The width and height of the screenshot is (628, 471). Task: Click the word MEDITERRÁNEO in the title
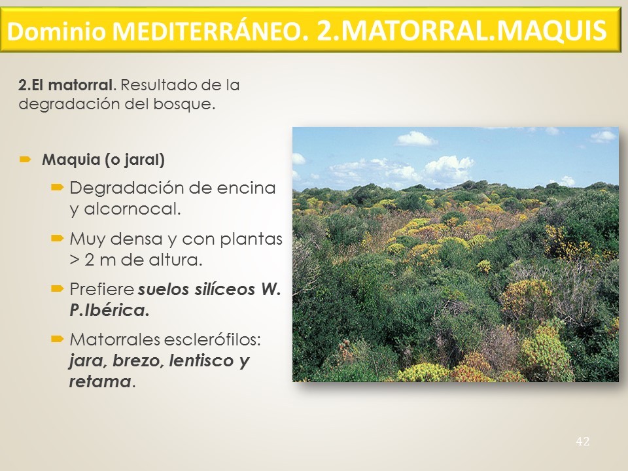coord(210,31)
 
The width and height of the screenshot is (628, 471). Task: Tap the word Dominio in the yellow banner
coord(56,31)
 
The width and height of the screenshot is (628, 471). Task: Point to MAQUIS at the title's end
coord(553,31)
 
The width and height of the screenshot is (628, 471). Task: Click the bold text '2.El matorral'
coord(65,85)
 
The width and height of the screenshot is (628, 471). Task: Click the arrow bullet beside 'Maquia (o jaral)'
coord(26,160)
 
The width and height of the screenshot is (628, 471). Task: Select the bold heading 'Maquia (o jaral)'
coord(103,160)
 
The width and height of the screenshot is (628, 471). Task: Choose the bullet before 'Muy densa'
coord(58,239)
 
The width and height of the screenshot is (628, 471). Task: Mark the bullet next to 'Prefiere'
coord(58,288)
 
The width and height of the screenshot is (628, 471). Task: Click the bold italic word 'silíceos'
coord(224,289)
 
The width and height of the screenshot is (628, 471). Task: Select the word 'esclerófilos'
coord(212,340)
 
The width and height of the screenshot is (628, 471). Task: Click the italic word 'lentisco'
coord(201,360)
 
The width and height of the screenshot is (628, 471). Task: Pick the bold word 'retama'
coord(100,381)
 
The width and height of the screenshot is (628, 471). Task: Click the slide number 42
coord(583,442)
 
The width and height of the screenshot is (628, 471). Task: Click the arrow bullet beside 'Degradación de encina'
coord(58,188)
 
